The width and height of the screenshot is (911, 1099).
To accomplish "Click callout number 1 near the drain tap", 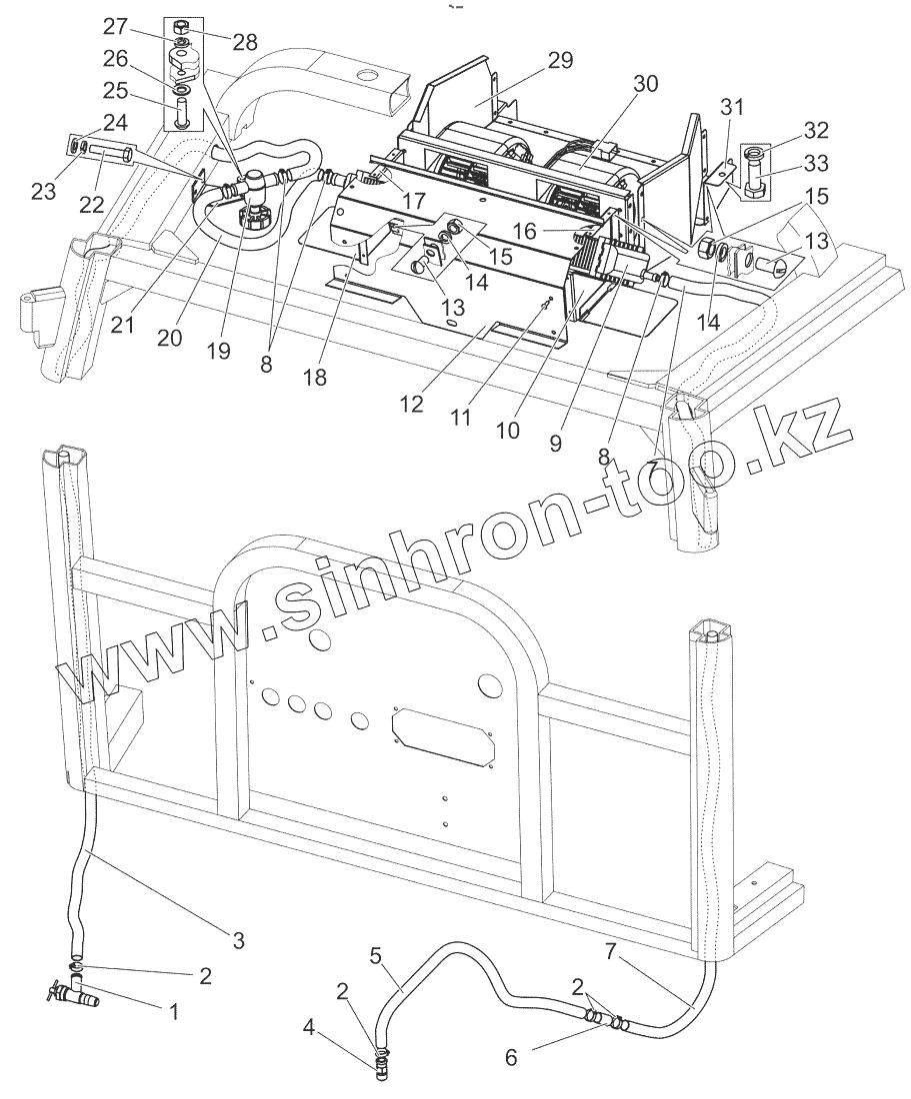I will [174, 1011].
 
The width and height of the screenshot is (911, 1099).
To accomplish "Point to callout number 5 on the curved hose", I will [376, 954].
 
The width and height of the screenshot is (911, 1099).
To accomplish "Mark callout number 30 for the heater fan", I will [646, 85].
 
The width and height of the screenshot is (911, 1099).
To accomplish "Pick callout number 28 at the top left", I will [244, 42].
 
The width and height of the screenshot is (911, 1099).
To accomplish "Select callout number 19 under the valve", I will [218, 351].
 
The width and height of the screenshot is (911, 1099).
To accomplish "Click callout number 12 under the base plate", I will [412, 406].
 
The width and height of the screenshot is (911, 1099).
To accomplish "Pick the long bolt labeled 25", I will [182, 110].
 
